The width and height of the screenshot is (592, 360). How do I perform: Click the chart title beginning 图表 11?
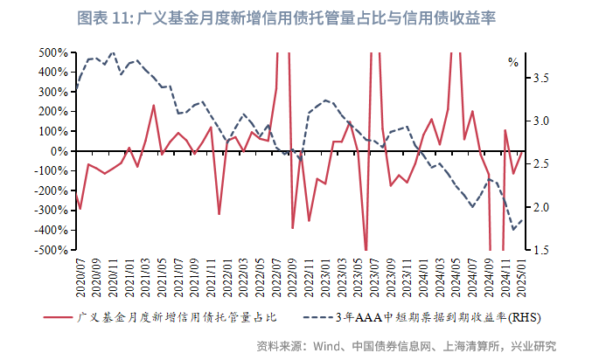tap(296, 17)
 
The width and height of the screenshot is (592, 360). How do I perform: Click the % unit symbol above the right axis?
tap(513, 63)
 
